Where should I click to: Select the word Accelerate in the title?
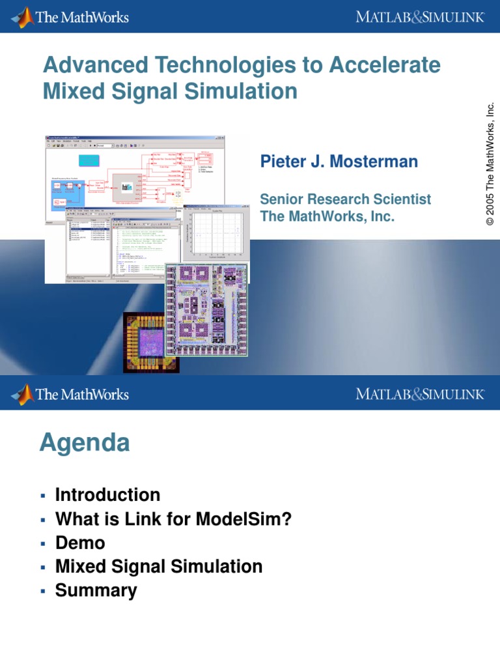click(385, 65)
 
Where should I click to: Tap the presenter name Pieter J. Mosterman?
click(339, 162)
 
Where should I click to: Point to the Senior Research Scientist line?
click(345, 199)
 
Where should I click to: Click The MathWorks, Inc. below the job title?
click(327, 216)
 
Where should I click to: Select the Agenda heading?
click(85, 443)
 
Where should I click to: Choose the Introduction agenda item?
click(107, 495)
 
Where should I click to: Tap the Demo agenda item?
click(80, 543)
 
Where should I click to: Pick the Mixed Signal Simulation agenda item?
click(159, 567)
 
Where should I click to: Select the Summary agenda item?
click(96, 591)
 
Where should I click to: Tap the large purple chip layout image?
click(206, 309)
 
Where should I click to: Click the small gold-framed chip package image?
click(150, 341)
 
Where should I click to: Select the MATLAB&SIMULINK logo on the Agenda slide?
click(420, 393)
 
